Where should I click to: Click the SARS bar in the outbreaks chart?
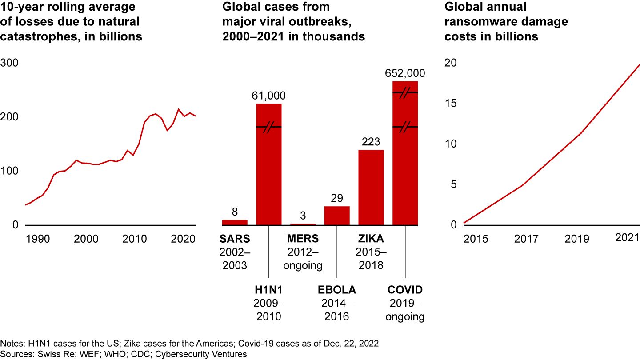pyautogui.click(x=235, y=222)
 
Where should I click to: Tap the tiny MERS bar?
pyautogui.click(x=303, y=224)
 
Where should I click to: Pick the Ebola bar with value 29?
pyautogui.click(x=337, y=216)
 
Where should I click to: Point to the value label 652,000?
pyautogui.click(x=405, y=73)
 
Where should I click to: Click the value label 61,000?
pyautogui.click(x=269, y=96)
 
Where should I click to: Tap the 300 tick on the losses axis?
pyautogui.click(x=9, y=63)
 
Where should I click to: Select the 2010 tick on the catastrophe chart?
pyautogui.click(x=135, y=239)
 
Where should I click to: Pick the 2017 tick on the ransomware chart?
pyautogui.click(x=526, y=239)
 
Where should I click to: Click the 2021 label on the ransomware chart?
pyautogui.click(x=627, y=238)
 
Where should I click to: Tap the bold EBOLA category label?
pyautogui.click(x=337, y=290)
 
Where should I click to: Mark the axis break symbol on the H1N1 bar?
pyautogui.click(x=269, y=128)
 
